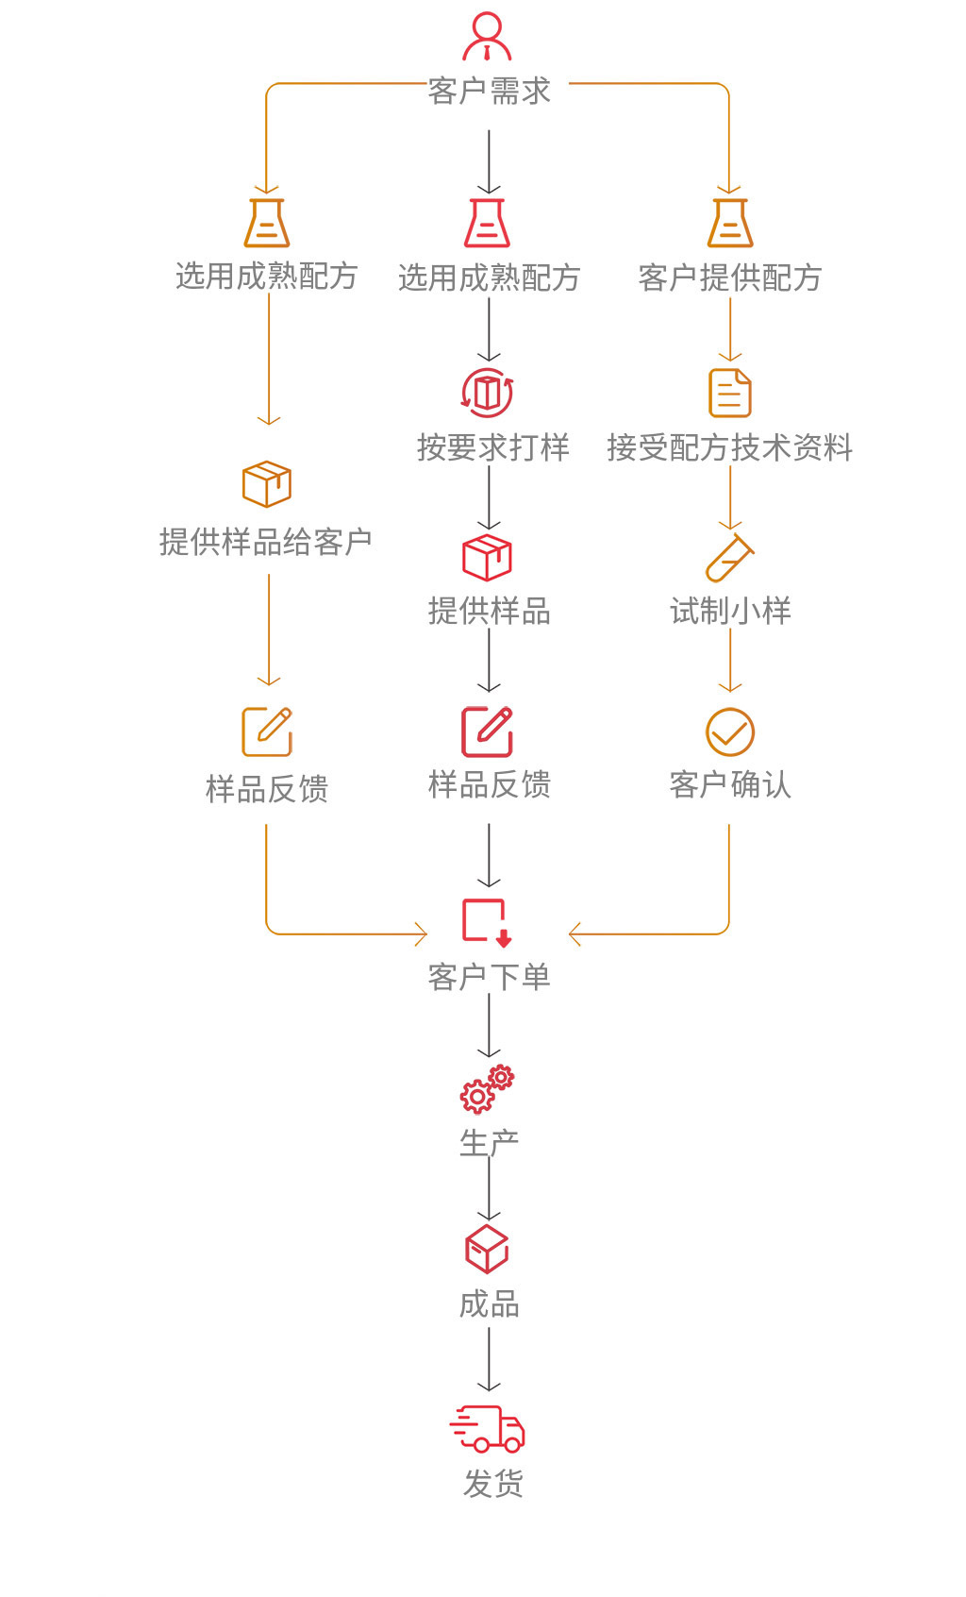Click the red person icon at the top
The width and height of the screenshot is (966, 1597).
point(487,37)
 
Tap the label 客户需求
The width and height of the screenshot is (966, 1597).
point(489,91)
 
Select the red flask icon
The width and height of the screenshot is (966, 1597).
point(488,223)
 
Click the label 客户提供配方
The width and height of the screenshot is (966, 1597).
point(729,277)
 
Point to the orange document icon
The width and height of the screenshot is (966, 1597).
point(730,393)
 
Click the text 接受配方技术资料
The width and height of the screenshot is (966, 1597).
point(729,447)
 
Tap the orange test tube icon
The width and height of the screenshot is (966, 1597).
point(730,559)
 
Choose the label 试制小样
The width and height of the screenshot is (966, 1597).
point(730,611)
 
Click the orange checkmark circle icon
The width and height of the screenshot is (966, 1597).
point(730,732)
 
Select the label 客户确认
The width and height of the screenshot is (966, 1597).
point(730,784)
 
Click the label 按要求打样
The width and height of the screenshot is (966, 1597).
point(492,447)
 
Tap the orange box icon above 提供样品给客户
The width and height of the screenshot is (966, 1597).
point(267,484)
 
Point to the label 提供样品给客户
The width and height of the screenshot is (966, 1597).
point(266,542)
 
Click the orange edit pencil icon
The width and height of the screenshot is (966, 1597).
point(267,731)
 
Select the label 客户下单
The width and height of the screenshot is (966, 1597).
point(489,977)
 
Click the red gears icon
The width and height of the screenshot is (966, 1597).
point(487,1090)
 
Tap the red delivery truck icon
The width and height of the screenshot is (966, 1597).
point(487,1428)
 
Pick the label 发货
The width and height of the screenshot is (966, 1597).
point(492,1484)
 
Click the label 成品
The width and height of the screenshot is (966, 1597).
point(489,1304)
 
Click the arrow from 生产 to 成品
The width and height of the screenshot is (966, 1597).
point(489,1189)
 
